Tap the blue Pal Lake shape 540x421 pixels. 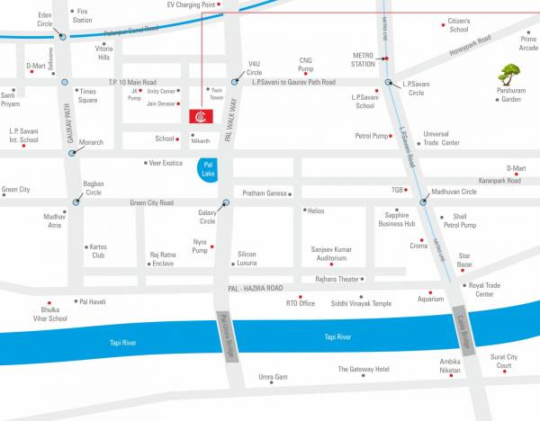click(208, 169)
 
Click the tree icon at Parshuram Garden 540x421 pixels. click(510, 73)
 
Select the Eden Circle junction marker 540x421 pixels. click(62, 37)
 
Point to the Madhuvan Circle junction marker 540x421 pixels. click(423, 202)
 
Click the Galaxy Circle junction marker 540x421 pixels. click(226, 202)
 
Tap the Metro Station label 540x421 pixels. click(364, 59)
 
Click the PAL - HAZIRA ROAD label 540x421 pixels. click(249, 288)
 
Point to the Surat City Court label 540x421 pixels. click(503, 362)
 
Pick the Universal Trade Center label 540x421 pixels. click(442, 138)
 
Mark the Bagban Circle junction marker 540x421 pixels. click(76, 202)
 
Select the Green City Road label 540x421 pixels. click(151, 202)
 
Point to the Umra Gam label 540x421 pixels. click(273, 376)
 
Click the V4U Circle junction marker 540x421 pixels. click(235, 82)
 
